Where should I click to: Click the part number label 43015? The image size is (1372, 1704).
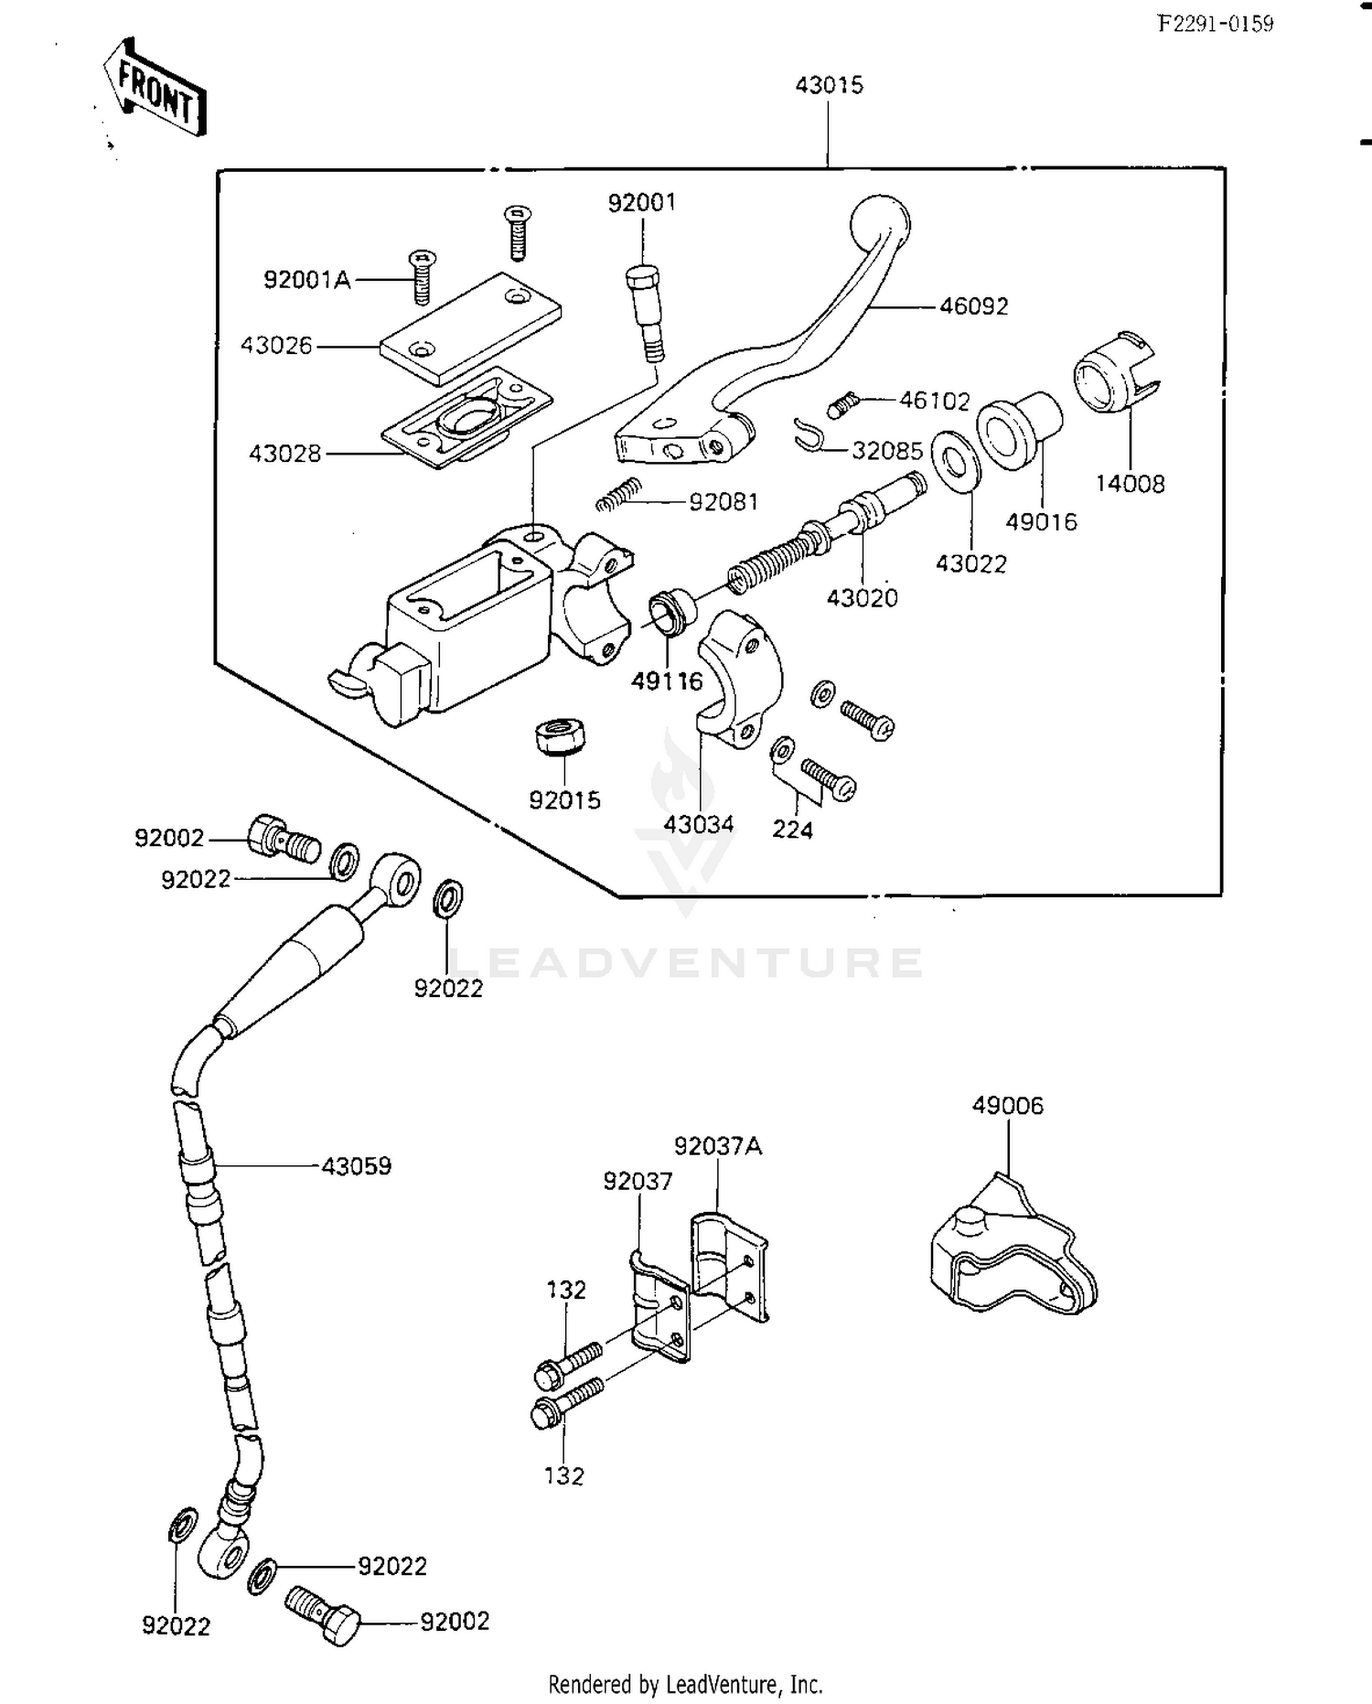[829, 85]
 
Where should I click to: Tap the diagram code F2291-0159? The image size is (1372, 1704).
[1216, 25]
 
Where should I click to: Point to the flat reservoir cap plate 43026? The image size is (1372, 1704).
[470, 327]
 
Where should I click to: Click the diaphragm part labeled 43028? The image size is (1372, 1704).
[467, 418]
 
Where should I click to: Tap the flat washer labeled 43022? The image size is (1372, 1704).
[957, 459]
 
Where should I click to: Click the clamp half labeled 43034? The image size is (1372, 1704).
[740, 678]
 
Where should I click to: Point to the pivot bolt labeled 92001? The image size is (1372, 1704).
[645, 312]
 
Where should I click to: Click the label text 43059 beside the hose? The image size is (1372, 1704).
[356, 1166]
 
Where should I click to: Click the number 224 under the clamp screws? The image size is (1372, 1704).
[792, 830]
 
